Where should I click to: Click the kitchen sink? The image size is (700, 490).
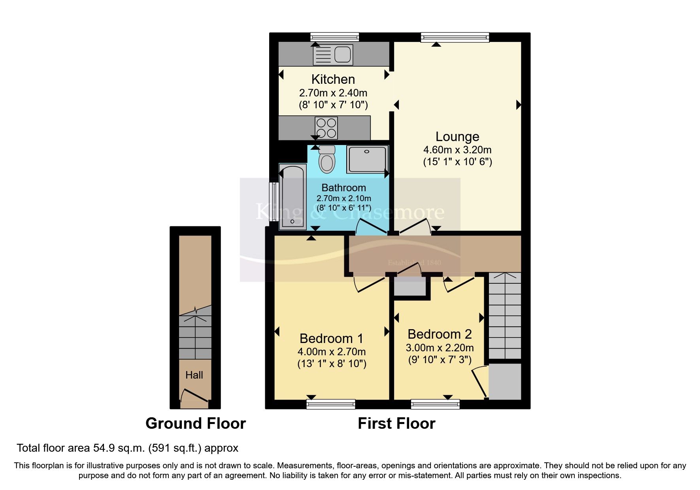(333, 55)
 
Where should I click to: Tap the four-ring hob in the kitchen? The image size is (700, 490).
(326, 128)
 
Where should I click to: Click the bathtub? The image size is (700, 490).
(292, 198)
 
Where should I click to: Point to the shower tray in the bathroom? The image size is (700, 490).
(367, 159)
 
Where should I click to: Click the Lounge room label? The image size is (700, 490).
(457, 137)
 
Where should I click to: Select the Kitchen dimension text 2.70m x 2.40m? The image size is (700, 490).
(333, 93)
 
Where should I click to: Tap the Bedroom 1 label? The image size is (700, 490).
(331, 339)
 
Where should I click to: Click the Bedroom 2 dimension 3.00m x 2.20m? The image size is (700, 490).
(440, 348)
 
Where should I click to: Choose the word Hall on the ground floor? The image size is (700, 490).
(194, 375)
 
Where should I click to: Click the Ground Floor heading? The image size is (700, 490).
(196, 424)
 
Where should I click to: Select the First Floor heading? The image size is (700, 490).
(396, 424)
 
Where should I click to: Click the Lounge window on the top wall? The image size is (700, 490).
(455, 38)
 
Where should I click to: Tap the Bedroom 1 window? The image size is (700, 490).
(331, 404)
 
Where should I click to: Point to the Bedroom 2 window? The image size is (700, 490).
(435, 404)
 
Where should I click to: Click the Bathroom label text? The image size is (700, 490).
(343, 188)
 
